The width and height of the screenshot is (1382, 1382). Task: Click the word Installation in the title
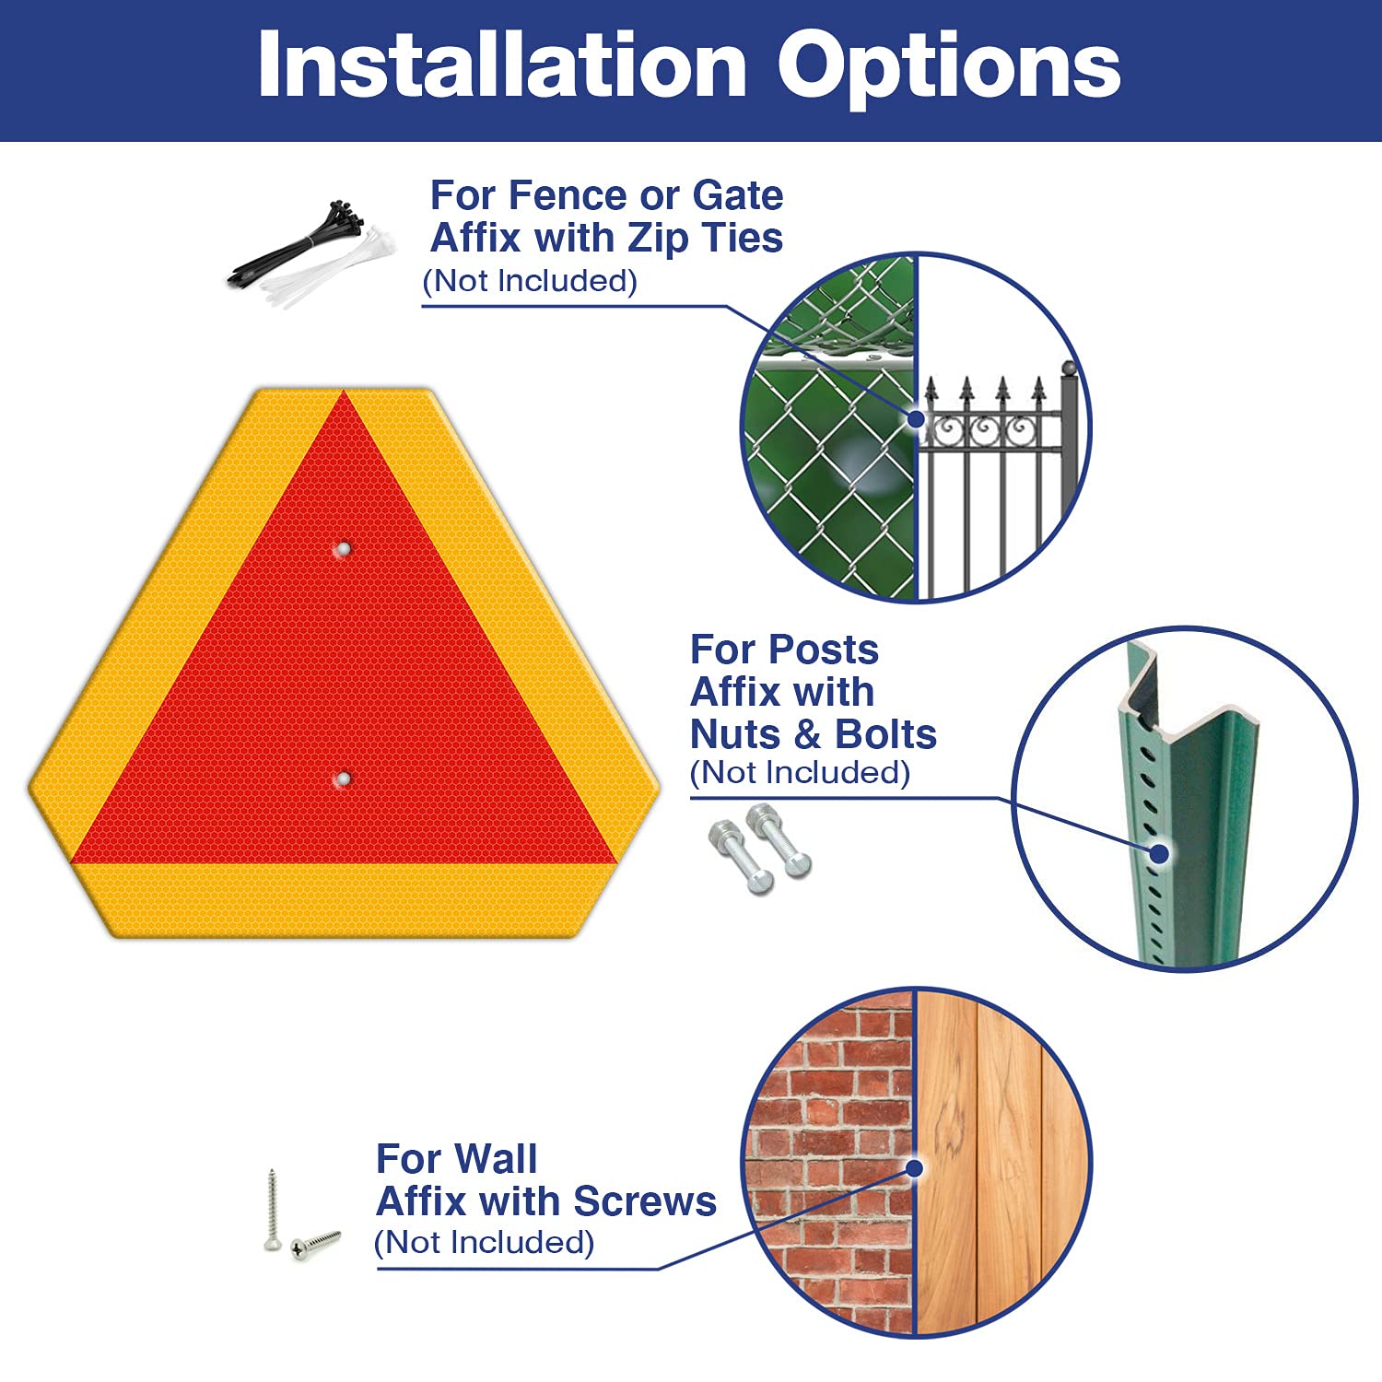click(502, 64)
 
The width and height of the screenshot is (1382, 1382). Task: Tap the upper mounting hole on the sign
click(343, 549)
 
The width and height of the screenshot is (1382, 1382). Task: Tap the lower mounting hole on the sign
click(343, 779)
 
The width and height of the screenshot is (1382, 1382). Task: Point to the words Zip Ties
click(705, 238)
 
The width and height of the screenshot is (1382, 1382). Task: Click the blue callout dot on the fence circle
click(916, 418)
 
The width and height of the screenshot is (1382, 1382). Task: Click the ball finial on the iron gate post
click(1069, 369)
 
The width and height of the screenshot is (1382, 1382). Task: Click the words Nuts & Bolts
click(814, 734)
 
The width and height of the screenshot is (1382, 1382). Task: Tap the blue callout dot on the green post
click(1161, 853)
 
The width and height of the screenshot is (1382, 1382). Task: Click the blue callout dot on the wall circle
click(914, 1168)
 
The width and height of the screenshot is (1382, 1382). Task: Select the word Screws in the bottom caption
click(645, 1201)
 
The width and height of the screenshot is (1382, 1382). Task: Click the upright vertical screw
click(271, 1210)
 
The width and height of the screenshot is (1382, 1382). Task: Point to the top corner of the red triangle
click(345, 392)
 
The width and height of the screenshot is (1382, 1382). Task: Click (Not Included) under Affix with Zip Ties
click(530, 281)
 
